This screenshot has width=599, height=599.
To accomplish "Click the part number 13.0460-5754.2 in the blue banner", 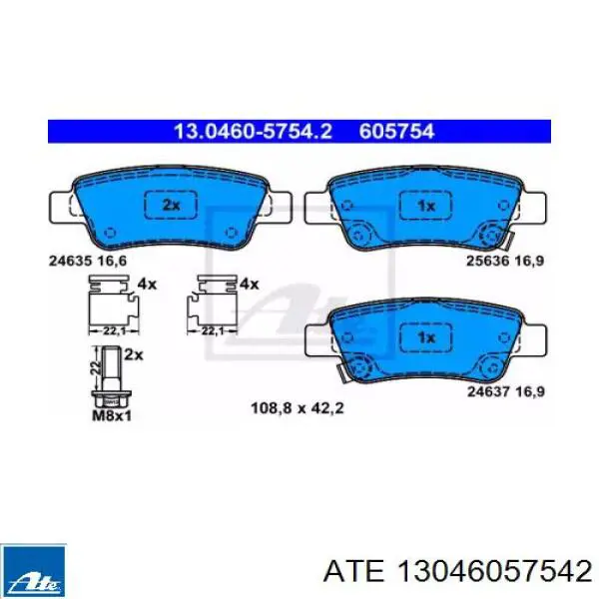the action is [x=253, y=132].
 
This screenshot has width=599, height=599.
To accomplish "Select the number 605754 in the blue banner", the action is [x=396, y=132].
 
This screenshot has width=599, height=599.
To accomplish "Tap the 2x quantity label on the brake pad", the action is [x=171, y=206].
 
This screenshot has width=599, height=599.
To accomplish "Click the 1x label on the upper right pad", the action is [x=426, y=207].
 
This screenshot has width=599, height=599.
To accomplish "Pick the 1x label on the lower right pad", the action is [x=426, y=337].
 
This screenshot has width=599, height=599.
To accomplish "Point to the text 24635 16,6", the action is [x=88, y=261].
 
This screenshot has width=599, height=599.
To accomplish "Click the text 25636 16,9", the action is [x=505, y=261].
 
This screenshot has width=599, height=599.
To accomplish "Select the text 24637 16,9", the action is [x=506, y=392].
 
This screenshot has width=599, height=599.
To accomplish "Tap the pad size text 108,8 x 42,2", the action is [x=298, y=408].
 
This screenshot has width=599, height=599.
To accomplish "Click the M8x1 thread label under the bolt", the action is [x=112, y=415].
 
